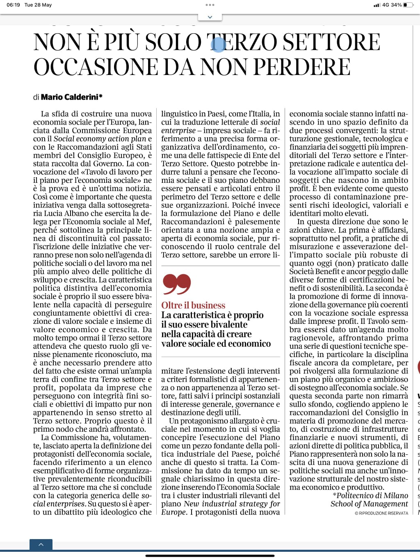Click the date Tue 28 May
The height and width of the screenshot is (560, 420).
(x=38, y=5)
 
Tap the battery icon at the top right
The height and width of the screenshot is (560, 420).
(x=408, y=5)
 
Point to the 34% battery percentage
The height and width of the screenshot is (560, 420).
(x=396, y=5)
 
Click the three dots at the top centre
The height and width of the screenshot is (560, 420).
(x=210, y=5)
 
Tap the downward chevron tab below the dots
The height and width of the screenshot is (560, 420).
(x=210, y=17)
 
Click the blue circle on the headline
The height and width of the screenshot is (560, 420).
(x=219, y=44)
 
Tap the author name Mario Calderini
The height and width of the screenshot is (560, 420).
(x=71, y=97)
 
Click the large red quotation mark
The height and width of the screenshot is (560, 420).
(x=177, y=284)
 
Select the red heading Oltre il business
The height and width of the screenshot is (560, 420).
(x=193, y=305)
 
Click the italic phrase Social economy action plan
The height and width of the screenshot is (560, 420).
(x=100, y=139)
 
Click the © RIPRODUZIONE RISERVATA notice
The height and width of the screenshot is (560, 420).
(x=381, y=513)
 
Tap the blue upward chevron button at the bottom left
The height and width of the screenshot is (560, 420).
(x=41, y=544)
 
